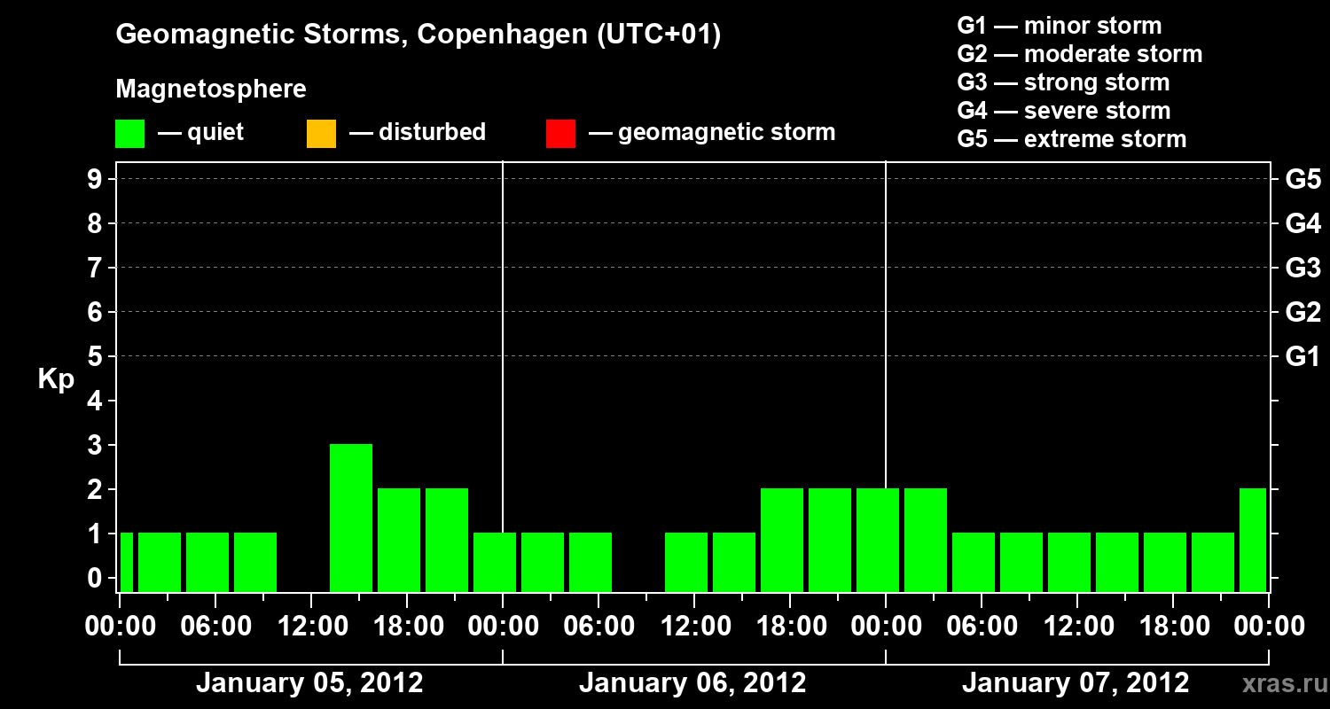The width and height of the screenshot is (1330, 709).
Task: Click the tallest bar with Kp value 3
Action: coord(351,517)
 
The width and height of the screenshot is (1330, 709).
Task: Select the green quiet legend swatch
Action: coord(129,134)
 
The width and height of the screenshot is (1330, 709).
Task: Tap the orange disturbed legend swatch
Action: coord(321,134)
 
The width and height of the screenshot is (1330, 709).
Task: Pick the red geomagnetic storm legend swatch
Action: coord(560,134)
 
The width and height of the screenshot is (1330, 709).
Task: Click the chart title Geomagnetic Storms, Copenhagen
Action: coord(418,35)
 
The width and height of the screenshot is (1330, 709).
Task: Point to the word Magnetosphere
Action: coord(211,90)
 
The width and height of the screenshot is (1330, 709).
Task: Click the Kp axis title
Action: coord(56,379)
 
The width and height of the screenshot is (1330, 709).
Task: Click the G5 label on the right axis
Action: coord(1303,179)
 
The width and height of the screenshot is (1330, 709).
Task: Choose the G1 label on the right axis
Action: coord(1303,356)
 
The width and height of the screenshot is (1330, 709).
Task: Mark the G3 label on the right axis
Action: coord(1303,268)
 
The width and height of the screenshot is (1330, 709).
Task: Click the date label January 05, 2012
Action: coord(309,683)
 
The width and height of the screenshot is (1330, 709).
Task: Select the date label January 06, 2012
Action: coord(692,683)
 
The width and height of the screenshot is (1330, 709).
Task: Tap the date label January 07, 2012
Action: coord(1076,683)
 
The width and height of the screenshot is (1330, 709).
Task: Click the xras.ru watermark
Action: coord(1283,684)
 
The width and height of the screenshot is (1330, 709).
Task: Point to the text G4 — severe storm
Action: coord(1064,111)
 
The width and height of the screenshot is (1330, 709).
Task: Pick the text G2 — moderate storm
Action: coord(1080,54)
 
